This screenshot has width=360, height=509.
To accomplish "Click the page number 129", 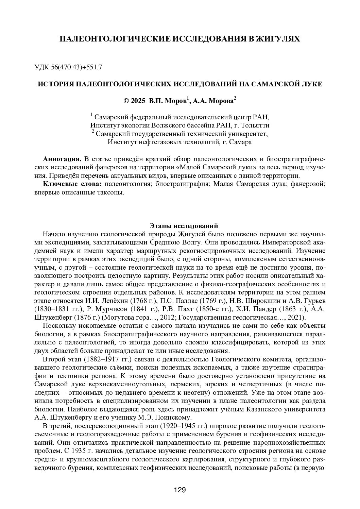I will pos(179,490).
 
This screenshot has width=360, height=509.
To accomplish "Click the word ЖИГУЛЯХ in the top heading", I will pos(277,39).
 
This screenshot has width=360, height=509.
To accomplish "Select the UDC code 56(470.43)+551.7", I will pos(78,67).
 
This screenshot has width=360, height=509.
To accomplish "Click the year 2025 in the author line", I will pos(137,101).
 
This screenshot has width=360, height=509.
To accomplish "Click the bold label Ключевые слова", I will pos(72,184).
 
